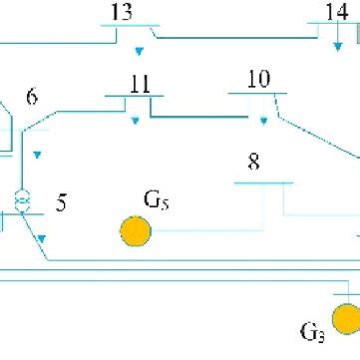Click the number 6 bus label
tap(32, 98)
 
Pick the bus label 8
tap(254, 162)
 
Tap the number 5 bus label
tap(62, 204)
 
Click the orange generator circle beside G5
tap(135, 231)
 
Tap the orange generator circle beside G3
tap(346, 319)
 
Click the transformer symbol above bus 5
tap(21, 200)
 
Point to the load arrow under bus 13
tap(140, 49)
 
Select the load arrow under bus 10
tap(263, 121)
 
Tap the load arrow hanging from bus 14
tap(338, 44)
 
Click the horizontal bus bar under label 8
tap(263, 182)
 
